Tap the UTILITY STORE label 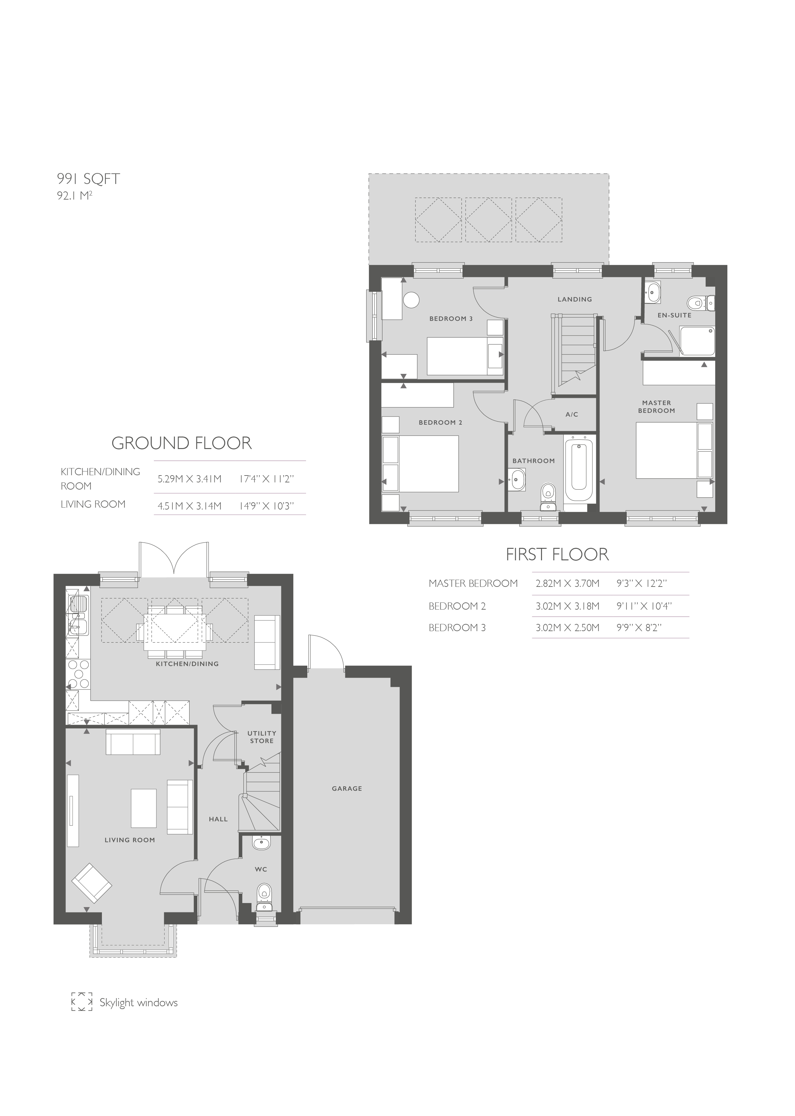click(262, 737)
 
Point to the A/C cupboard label click(572, 414)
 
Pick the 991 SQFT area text click(89, 179)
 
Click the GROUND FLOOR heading click(182, 443)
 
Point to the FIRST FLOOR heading click(557, 554)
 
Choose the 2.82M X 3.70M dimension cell click(568, 583)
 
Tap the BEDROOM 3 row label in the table click(457, 628)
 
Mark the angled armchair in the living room click(92, 882)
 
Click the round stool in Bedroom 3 click(411, 300)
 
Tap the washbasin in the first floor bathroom click(517, 478)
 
